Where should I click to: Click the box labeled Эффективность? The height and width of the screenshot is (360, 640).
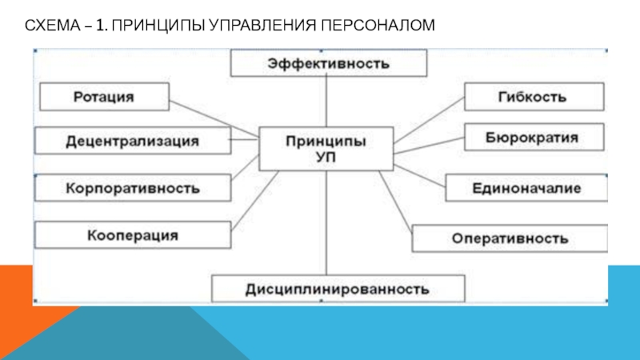coord(329,63)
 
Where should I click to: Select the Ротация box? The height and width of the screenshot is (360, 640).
coord(105,97)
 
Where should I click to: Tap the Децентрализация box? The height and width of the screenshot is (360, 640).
coord(133,141)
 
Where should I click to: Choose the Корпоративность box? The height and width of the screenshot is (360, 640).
coord(133,188)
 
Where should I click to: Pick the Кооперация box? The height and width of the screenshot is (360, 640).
coord(133,235)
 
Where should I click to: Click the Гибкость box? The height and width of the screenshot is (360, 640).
coord(534,97)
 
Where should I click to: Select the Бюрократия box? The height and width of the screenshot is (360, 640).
coord(534,137)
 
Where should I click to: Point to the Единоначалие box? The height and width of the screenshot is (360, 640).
coord(526,188)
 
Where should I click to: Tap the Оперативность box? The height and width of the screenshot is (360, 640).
coord(510,238)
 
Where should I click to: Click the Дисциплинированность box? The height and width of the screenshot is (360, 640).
coord(338,289)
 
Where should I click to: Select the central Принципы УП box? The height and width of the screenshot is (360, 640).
coord(326,149)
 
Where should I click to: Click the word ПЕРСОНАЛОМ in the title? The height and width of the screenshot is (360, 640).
coord(378,26)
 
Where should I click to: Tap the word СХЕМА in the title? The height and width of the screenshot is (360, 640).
coord(53,26)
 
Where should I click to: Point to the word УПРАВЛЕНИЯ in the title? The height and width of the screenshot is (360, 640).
coord(262,26)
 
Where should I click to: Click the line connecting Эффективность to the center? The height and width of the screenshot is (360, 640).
coord(326,102)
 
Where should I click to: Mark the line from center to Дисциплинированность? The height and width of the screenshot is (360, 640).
coord(326,223)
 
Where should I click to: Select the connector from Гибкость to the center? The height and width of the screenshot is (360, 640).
coord(429,120)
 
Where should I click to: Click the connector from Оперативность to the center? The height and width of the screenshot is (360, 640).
coord(395,202)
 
